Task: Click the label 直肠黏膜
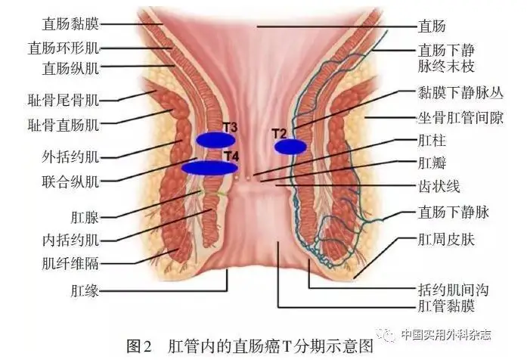point(70,24)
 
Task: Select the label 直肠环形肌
point(64,48)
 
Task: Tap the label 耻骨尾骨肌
point(64,100)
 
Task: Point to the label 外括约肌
point(70,157)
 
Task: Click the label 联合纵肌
point(70,182)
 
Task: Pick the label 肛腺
point(85,218)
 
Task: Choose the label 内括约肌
point(70,241)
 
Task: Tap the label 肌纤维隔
point(70,263)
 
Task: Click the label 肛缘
point(85,290)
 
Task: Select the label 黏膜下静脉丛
point(460,92)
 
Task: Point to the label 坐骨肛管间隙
point(460,118)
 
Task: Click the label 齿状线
point(439,186)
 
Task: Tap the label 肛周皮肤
point(446,240)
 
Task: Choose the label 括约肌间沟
point(453,290)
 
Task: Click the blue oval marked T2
point(290,147)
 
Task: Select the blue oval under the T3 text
point(215,140)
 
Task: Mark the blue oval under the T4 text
point(209,168)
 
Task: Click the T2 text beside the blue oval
point(279,134)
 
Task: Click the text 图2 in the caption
point(139,346)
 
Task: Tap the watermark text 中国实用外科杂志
point(446,334)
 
